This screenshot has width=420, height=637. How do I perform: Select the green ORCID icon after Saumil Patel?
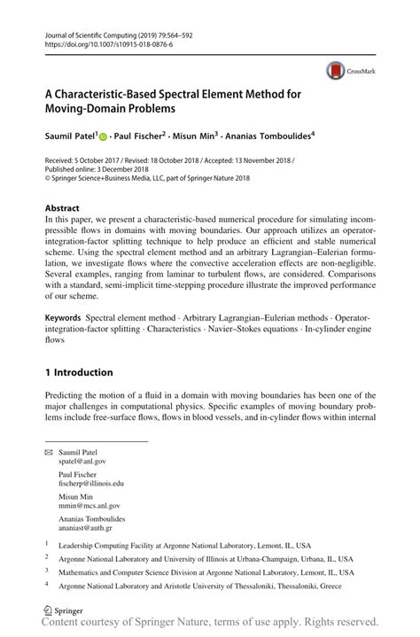coord(103,137)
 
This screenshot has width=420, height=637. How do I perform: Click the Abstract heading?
coord(62,208)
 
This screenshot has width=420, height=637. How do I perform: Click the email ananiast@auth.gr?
coord(85,529)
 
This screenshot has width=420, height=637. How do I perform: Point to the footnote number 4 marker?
coord(46,585)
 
